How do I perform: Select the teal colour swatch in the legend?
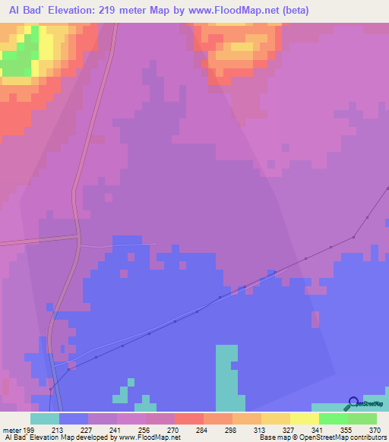tap(45, 418)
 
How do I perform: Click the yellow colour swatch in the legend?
tap(305, 418)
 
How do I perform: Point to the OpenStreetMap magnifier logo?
tap(354, 404)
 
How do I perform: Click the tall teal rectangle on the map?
tap(226, 377)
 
